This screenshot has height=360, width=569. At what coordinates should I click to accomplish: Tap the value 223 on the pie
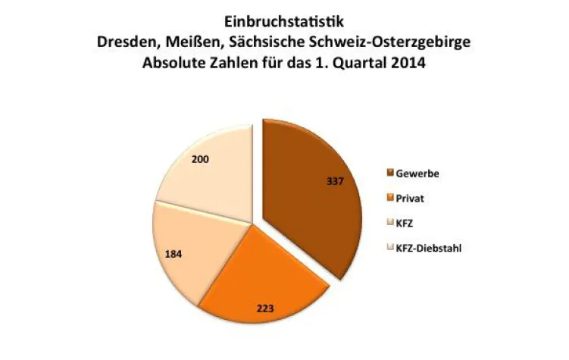[264, 308]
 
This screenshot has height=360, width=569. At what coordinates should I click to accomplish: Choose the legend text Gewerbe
[420, 174]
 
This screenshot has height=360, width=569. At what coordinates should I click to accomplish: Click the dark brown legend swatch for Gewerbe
[391, 174]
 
